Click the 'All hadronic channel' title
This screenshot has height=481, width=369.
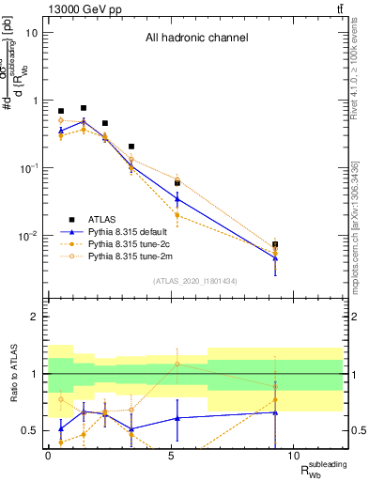(196, 39)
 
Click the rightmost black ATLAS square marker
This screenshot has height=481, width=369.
(275, 244)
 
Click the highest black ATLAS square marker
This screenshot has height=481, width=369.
(84, 108)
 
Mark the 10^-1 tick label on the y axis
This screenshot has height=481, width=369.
(28, 168)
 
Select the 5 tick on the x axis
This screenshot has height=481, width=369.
(171, 455)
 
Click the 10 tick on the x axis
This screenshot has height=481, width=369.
(293, 455)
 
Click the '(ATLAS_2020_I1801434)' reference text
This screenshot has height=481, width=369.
(195, 282)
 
